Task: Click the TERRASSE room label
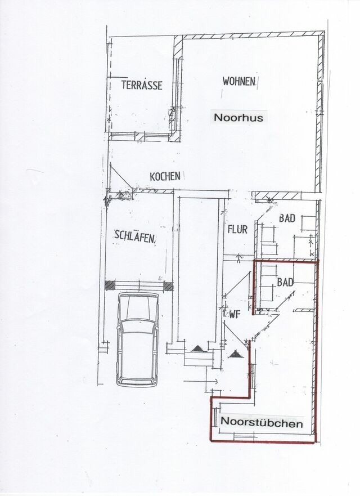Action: click(x=142, y=86)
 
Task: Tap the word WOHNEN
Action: click(x=239, y=82)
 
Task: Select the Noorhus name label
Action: click(x=238, y=118)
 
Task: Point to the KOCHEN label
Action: click(x=165, y=176)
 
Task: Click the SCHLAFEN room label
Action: click(x=134, y=236)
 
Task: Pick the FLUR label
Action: click(x=237, y=229)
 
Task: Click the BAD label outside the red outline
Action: click(x=287, y=218)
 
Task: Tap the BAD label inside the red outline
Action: click(x=285, y=283)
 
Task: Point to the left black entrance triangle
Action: click(x=197, y=349)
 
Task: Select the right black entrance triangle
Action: click(x=235, y=354)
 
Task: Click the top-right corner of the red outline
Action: click(x=318, y=261)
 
